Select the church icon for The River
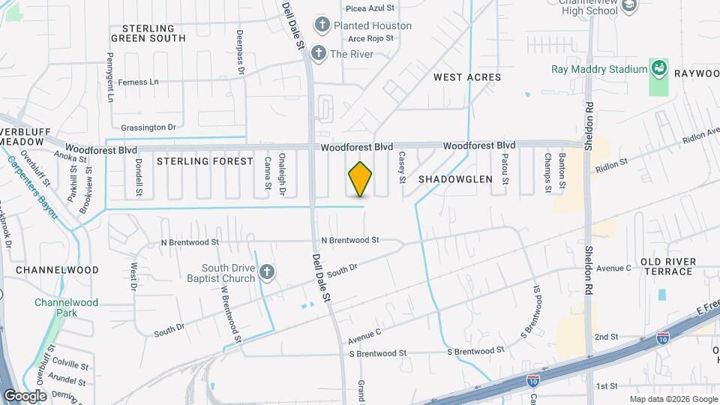[319, 53]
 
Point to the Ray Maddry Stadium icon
[658, 70]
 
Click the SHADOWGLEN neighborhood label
[455, 179]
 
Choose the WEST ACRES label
[467, 77]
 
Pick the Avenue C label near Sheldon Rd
[614, 268]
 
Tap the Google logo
[25, 395]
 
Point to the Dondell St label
[139, 178]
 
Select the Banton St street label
[562, 170]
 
